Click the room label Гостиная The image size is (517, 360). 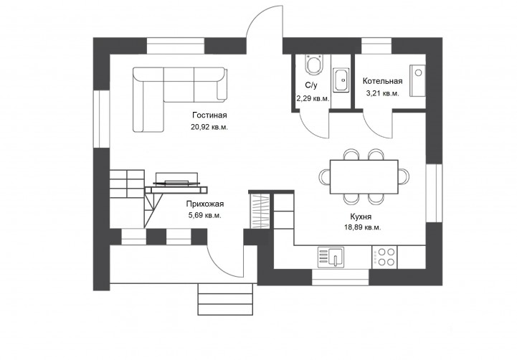[209, 115]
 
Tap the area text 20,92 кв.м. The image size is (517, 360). [209, 127]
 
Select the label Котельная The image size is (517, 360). [382, 81]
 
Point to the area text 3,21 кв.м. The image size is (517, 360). [382, 93]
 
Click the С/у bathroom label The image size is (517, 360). [311, 86]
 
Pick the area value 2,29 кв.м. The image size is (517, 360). [313, 98]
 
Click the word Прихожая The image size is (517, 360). [205, 204]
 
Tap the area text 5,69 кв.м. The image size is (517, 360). [205, 216]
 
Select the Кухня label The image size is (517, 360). [361, 217]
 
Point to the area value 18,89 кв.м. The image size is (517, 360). [362, 227]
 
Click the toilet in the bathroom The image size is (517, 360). [314, 65]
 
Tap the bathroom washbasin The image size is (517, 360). [341, 80]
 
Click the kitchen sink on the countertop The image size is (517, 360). [331, 257]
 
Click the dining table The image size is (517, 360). [364, 177]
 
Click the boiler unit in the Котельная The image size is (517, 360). [417, 81]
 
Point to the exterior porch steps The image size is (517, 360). [225, 299]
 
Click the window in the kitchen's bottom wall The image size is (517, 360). [340, 278]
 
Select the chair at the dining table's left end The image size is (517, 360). [324, 176]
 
